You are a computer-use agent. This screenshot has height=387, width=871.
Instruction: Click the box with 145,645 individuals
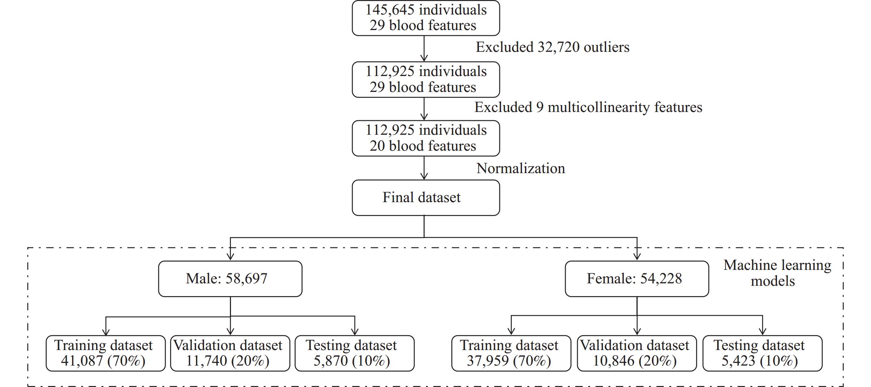click(426, 18)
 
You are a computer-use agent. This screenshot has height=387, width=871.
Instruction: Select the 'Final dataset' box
click(426, 198)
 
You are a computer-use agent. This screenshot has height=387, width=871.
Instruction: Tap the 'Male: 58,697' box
click(230, 279)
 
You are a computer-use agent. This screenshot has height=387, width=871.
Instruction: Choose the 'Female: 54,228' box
click(637, 279)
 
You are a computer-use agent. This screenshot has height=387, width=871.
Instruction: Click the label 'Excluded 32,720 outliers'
click(553, 47)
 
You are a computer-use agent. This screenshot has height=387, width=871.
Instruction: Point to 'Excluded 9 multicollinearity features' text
click(588, 107)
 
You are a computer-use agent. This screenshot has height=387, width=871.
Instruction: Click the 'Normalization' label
click(521, 168)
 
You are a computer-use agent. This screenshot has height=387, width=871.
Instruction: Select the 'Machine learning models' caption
click(777, 273)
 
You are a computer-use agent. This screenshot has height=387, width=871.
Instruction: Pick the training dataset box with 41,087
click(105, 353)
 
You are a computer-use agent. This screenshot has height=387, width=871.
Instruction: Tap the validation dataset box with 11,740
click(230, 353)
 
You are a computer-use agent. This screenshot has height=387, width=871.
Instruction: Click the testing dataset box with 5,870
click(354, 353)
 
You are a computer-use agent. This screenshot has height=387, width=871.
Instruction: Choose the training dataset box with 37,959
click(511, 353)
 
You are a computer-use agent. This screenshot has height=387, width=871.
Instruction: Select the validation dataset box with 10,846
click(637, 353)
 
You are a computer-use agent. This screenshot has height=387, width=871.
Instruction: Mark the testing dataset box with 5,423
click(762, 353)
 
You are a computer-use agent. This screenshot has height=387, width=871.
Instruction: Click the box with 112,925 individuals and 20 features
click(426, 138)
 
